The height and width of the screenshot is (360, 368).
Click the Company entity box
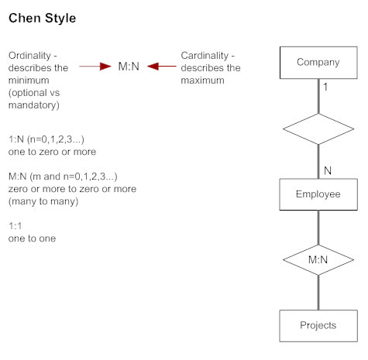pos(318,63)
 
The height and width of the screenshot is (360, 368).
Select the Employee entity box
pos(318,194)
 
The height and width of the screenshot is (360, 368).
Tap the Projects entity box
pos(318,325)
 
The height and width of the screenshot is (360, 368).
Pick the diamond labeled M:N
pos(318,259)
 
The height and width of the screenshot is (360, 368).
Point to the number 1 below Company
pos(325,88)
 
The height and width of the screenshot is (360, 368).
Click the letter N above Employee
pos(327,170)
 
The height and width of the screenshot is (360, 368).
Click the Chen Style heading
pos(42,18)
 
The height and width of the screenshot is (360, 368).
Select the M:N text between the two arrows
pos(129,67)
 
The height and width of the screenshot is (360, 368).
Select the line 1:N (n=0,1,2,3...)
pos(46,139)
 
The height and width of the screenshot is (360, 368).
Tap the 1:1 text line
pos(16,225)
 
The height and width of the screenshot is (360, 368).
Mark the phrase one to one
pos(32,238)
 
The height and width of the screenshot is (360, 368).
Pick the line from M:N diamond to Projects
pos(318,293)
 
